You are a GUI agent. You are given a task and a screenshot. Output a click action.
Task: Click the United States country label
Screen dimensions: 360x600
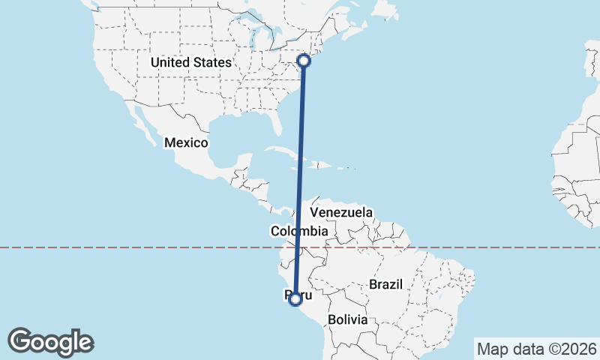pos(190,62)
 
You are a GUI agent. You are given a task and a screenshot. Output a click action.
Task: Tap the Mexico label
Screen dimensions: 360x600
pos(187,142)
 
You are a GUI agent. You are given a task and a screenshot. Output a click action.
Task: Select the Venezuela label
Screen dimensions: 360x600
pos(341,213)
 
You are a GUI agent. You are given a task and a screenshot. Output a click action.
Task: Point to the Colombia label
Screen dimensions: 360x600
pos(299,231)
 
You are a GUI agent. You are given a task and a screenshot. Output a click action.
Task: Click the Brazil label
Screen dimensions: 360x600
pos(386,284)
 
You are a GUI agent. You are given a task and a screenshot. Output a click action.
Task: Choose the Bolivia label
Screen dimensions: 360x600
pos(347,319)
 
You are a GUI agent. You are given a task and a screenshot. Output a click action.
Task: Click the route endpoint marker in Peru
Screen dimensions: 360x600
pos(295,299)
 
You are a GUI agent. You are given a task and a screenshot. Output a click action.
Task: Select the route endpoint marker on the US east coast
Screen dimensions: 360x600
pos(304,61)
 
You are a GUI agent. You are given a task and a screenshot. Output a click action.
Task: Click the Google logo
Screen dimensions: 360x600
pos(50,341)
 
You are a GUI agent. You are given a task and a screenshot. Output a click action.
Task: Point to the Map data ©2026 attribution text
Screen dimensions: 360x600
pos(536,349)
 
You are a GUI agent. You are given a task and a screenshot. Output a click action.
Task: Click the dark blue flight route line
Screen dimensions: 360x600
pos(300,180)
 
